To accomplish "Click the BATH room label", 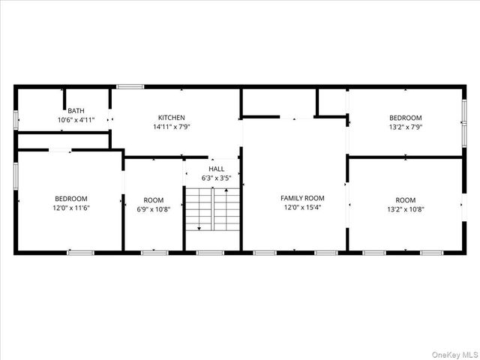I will [x=76, y=110].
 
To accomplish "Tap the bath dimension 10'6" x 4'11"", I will [x=76, y=120].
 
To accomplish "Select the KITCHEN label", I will [x=171, y=118].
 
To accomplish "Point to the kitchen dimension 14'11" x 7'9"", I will [x=171, y=127].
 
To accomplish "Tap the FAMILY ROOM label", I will [x=301, y=198].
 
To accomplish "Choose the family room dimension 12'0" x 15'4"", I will [x=301, y=208].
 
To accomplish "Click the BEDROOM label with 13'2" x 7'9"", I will [x=405, y=118].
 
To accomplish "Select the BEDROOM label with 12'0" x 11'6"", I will [x=71, y=198].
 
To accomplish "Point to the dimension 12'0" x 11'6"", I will [x=71, y=208].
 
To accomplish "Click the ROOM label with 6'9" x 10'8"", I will [x=153, y=199].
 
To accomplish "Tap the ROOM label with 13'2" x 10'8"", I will [x=405, y=199].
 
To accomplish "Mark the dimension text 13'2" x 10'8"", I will [x=405, y=209].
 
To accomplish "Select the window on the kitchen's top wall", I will [x=130, y=87].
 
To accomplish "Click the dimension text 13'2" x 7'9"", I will [x=405, y=127].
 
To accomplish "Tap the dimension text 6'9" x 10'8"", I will [x=153, y=209].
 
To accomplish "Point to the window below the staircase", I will [x=210, y=253].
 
